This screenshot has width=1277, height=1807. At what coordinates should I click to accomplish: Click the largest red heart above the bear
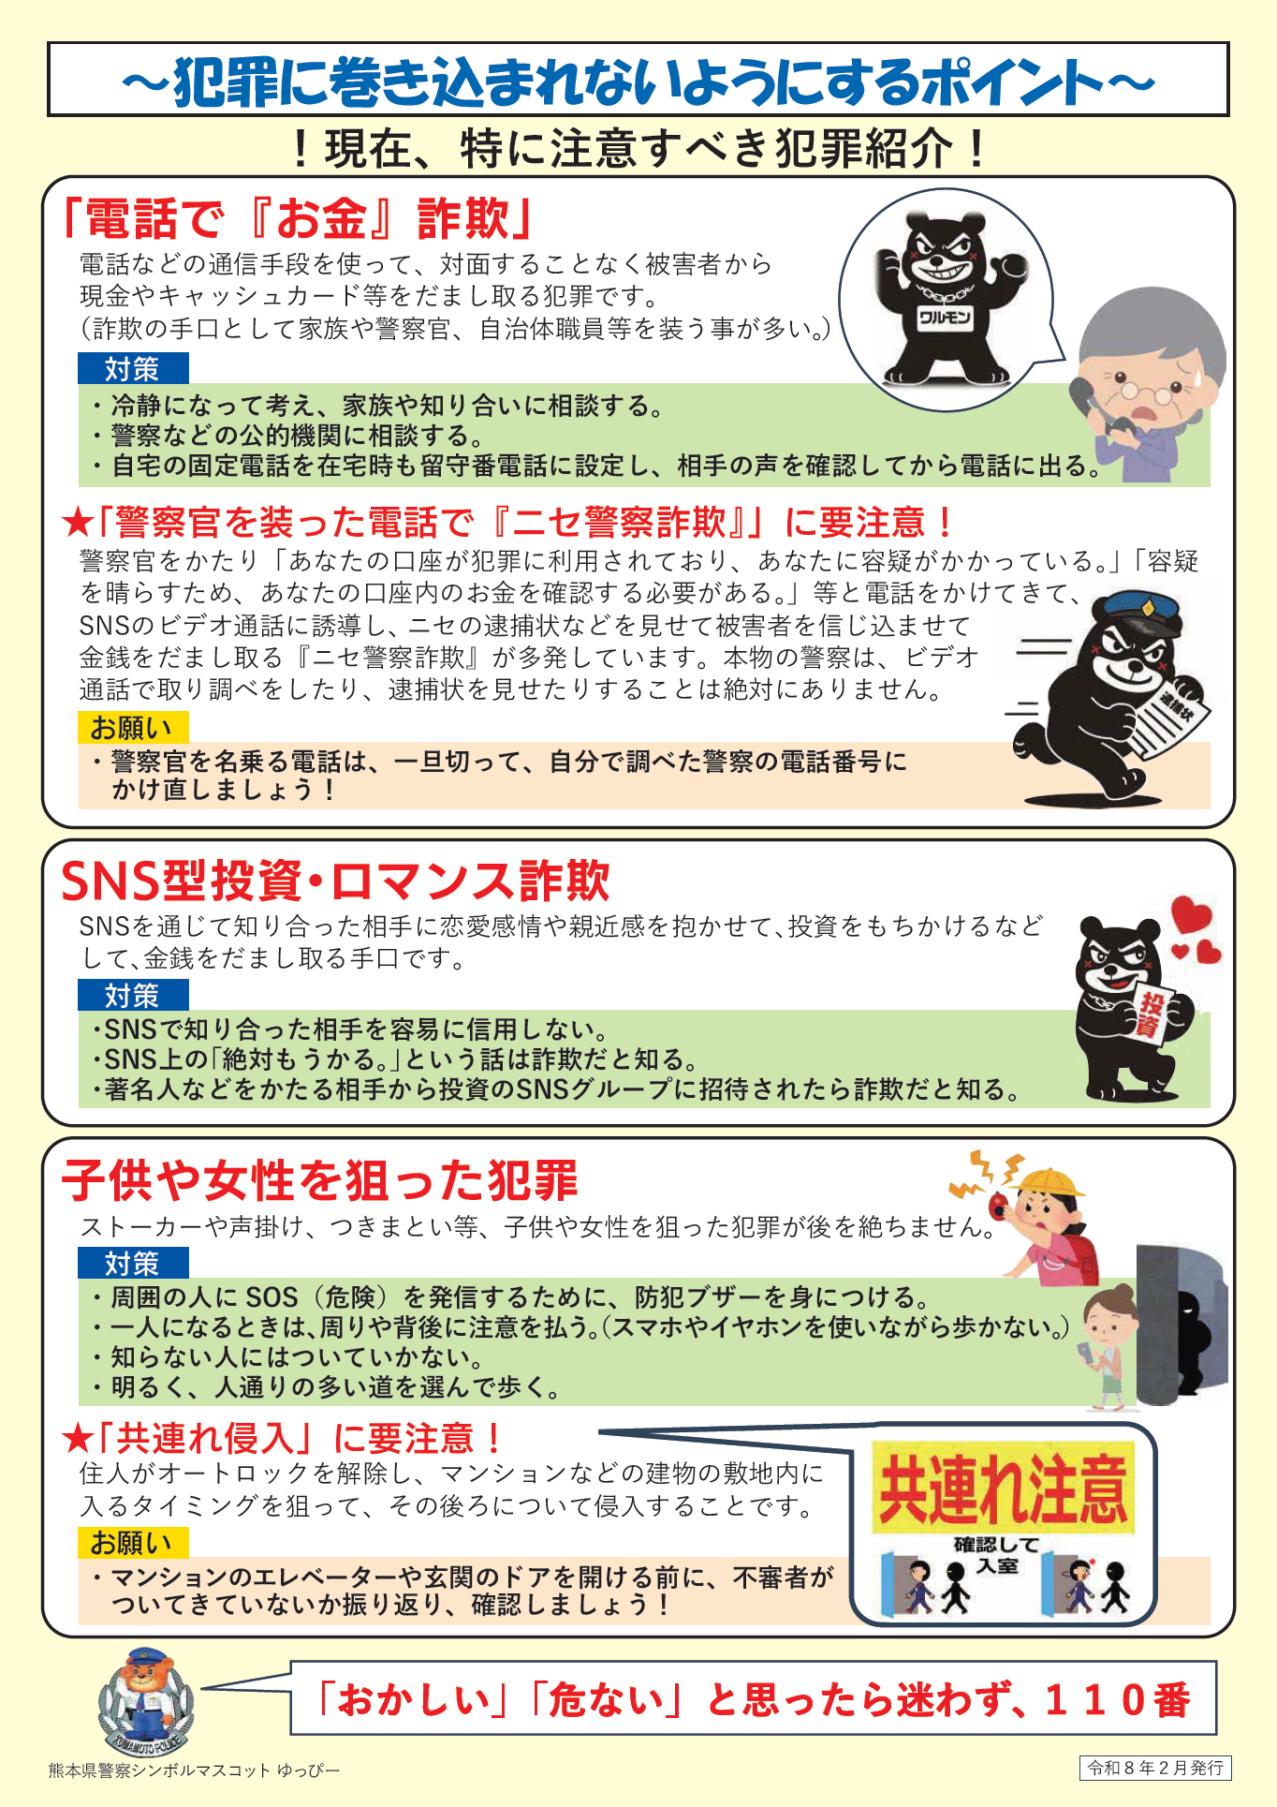1192,913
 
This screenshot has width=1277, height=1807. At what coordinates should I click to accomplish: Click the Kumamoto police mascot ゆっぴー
145,1705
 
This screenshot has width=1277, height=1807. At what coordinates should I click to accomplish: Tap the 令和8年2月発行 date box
1155,1768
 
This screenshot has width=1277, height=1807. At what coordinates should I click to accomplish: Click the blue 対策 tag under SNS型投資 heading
133,995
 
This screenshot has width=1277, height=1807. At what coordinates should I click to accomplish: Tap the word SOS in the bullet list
272,1297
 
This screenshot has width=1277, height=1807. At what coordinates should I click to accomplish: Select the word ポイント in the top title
1012,81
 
